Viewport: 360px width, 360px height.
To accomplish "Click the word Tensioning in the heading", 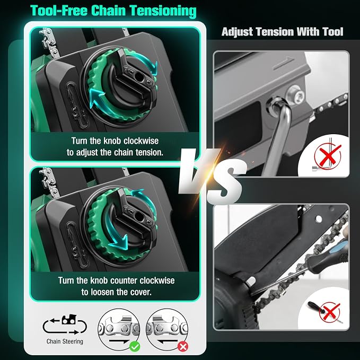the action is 163,11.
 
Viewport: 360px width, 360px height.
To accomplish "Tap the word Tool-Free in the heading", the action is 59,10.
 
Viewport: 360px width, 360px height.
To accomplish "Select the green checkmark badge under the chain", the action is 135,346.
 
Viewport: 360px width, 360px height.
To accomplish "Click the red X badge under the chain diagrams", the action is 183,346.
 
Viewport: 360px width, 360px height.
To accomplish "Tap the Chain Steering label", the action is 65,341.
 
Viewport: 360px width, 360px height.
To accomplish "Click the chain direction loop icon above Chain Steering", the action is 65,324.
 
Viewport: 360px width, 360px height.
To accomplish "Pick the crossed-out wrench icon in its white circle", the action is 326,155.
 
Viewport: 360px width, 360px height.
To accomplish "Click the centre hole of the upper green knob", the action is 139,77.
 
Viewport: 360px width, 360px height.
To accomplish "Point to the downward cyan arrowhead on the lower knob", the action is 120,243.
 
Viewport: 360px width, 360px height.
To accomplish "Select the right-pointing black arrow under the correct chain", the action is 119,341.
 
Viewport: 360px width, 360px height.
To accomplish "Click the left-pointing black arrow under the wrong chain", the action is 168,341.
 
